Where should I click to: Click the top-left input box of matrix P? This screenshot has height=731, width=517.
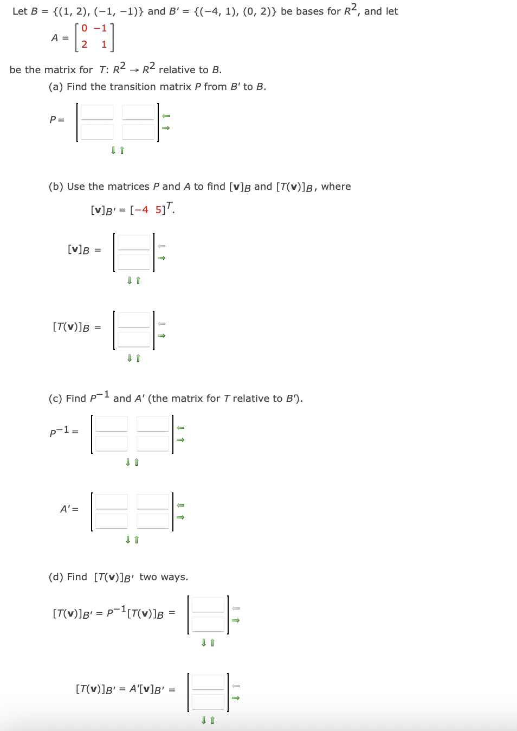pyautogui.click(x=97, y=112)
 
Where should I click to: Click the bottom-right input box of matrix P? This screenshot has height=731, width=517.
pyautogui.click(x=138, y=132)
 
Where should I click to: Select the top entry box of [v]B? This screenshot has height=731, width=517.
pyautogui.click(x=134, y=242)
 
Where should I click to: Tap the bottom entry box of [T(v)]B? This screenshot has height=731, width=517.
pyautogui.click(x=134, y=339)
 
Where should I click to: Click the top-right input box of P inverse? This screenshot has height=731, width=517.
pyautogui.click(x=153, y=424)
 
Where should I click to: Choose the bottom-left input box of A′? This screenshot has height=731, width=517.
pyautogui.click(x=112, y=521)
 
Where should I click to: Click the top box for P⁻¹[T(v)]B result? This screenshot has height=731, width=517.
pyautogui.click(x=208, y=605)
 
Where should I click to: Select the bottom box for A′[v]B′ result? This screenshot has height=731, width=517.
pyautogui.click(x=208, y=702)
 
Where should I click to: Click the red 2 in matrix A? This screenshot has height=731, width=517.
pyautogui.click(x=85, y=44)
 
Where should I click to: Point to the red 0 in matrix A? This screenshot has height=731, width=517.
pyautogui.click(x=85, y=28)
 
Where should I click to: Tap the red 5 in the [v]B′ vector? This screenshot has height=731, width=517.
pyautogui.click(x=158, y=210)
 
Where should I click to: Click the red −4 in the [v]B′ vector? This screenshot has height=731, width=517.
pyautogui.click(x=141, y=210)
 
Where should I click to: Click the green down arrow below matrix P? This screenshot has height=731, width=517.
pyautogui.click(x=113, y=150)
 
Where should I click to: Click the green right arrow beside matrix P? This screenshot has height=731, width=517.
pyautogui.click(x=166, y=128)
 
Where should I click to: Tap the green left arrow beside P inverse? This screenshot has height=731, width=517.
pyautogui.click(x=181, y=428)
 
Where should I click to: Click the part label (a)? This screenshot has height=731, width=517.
pyautogui.click(x=56, y=87)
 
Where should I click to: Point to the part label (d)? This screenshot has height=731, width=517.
pyautogui.click(x=56, y=577)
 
